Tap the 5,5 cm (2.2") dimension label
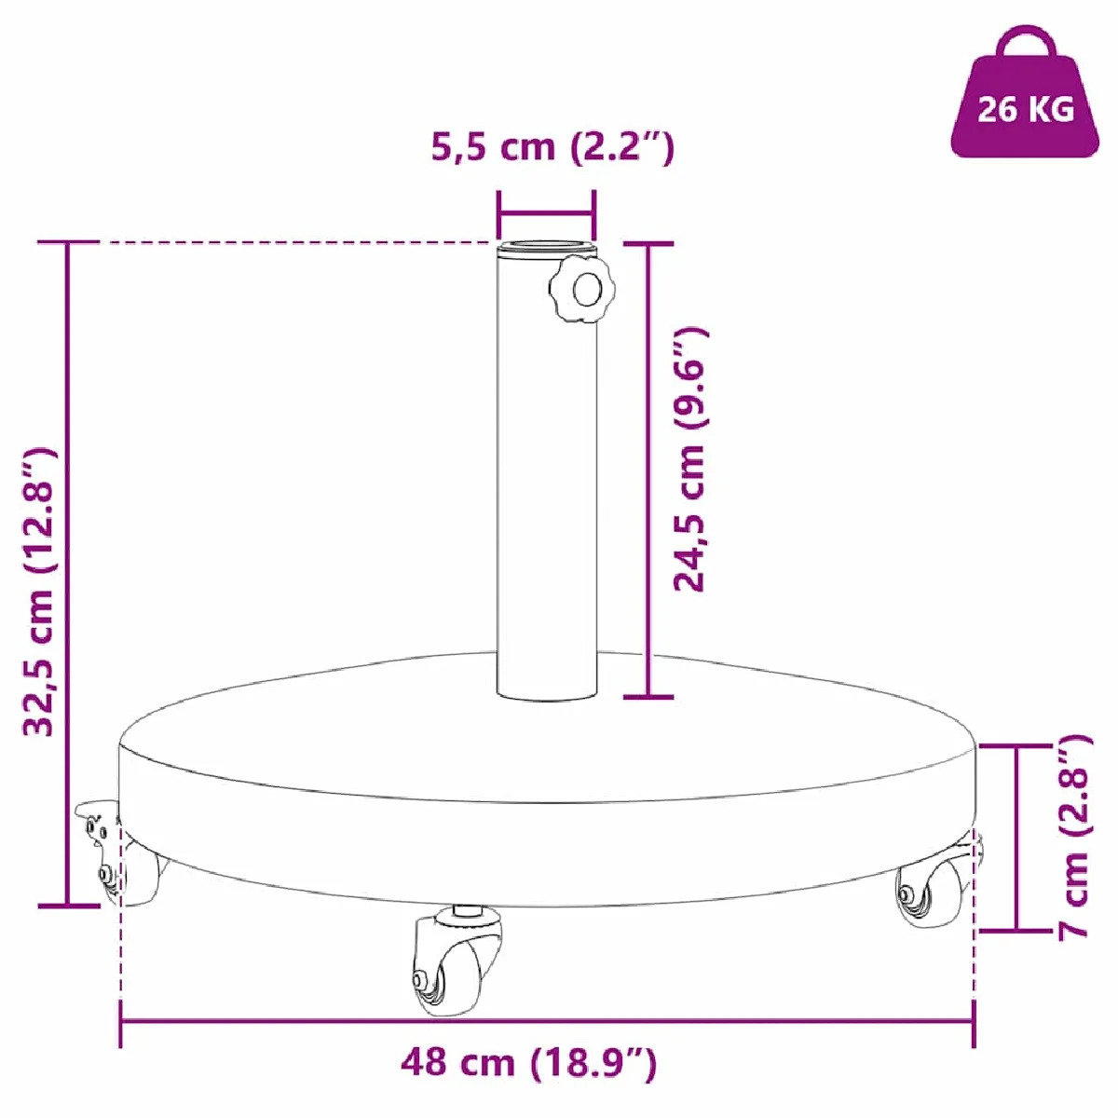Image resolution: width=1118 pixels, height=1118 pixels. [552, 147]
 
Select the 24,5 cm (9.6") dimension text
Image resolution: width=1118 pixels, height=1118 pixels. [689, 459]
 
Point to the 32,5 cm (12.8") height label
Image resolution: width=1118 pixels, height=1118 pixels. [40, 592]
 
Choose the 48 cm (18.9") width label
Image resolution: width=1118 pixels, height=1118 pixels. [529, 1062]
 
